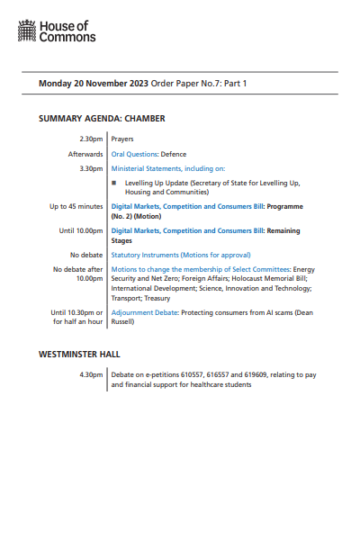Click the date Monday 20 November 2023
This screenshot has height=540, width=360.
click(93, 84)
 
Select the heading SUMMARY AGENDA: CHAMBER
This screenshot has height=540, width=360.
click(102, 118)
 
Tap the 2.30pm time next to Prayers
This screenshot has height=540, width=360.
click(92, 139)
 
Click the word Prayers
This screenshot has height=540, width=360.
click(122, 139)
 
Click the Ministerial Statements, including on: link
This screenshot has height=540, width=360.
click(168, 168)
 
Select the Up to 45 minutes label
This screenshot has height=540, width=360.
click(76, 206)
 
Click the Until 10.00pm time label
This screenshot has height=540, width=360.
click(81, 230)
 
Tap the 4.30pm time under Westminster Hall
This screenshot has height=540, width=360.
click(92, 373)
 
